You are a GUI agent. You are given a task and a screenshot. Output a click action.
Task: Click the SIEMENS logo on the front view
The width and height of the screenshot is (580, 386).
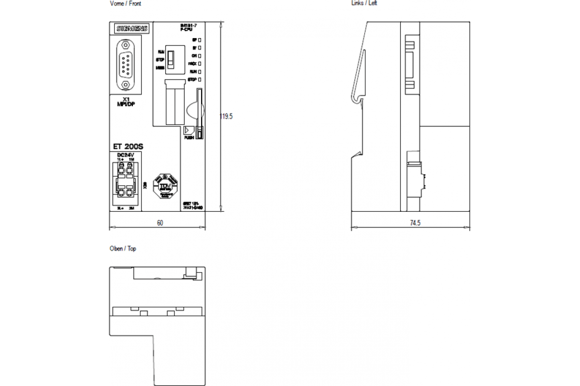[x=131, y=29]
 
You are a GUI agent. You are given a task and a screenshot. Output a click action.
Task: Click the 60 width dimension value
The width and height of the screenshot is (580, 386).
[x=159, y=223]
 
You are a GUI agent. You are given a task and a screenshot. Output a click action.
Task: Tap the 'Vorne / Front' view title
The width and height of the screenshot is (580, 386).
[x=126, y=3]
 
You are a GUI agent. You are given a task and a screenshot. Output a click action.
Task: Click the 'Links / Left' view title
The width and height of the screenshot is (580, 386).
[x=364, y=3]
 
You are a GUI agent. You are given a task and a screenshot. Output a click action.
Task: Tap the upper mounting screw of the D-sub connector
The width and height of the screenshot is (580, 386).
[x=126, y=46]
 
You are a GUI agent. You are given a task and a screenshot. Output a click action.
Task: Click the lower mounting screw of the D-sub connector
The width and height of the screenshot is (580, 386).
[x=126, y=85]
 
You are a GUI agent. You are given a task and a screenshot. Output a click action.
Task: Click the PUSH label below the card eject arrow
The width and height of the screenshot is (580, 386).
[x=188, y=138]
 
